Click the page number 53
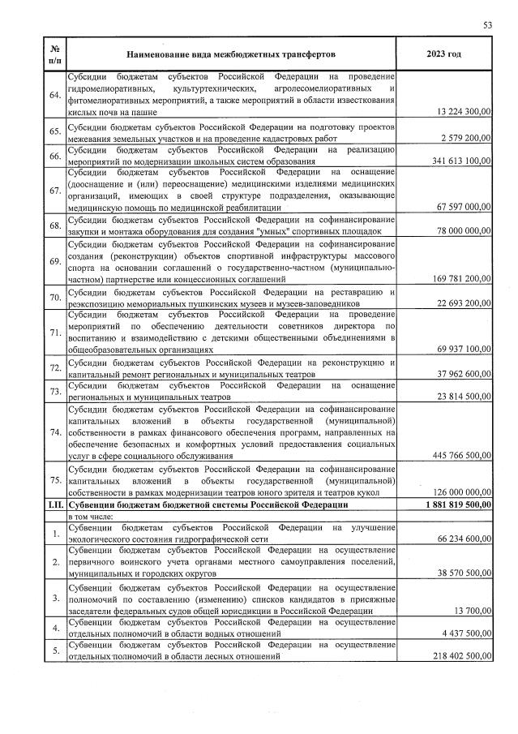click(x=487, y=25)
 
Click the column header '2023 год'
click(x=443, y=54)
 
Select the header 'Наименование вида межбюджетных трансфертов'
click(x=230, y=54)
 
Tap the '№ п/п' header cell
click(x=54, y=54)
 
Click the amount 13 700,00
click(x=473, y=612)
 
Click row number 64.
click(x=55, y=96)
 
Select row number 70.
click(x=55, y=298)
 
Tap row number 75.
click(x=55, y=480)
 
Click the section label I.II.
click(x=54, y=504)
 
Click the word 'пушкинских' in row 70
click(x=249, y=303)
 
